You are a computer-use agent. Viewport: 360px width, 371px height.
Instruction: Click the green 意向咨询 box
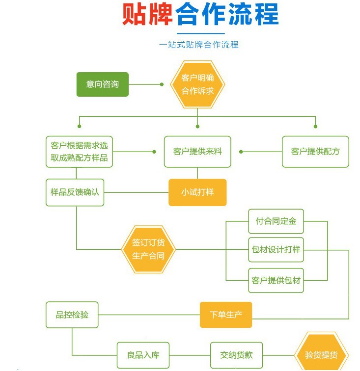(x=102, y=84)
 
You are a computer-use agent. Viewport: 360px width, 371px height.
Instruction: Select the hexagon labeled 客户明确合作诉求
(x=197, y=84)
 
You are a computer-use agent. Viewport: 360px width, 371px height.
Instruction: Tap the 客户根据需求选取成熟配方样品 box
(x=79, y=152)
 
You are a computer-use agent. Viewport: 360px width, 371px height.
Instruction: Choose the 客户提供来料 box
(x=197, y=152)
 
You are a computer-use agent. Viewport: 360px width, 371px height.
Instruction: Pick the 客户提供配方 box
(x=315, y=152)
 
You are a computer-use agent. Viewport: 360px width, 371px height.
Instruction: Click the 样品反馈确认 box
(x=75, y=192)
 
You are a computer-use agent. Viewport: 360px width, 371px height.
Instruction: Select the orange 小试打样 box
(x=197, y=192)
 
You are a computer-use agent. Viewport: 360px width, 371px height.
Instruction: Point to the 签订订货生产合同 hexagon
(x=148, y=250)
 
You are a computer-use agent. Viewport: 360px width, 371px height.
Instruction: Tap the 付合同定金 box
(x=276, y=221)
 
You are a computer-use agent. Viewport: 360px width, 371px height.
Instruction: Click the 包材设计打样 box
(x=276, y=250)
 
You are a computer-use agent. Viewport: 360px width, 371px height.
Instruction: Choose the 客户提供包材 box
(x=276, y=281)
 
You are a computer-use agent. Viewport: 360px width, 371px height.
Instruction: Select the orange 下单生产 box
(x=226, y=315)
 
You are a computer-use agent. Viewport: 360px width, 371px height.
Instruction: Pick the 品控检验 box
(x=72, y=315)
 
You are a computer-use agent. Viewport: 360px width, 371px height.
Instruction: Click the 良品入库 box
(x=143, y=355)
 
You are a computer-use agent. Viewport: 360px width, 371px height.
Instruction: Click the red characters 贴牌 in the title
(x=147, y=15)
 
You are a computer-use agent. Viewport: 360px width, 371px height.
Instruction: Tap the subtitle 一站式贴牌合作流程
(x=199, y=45)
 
